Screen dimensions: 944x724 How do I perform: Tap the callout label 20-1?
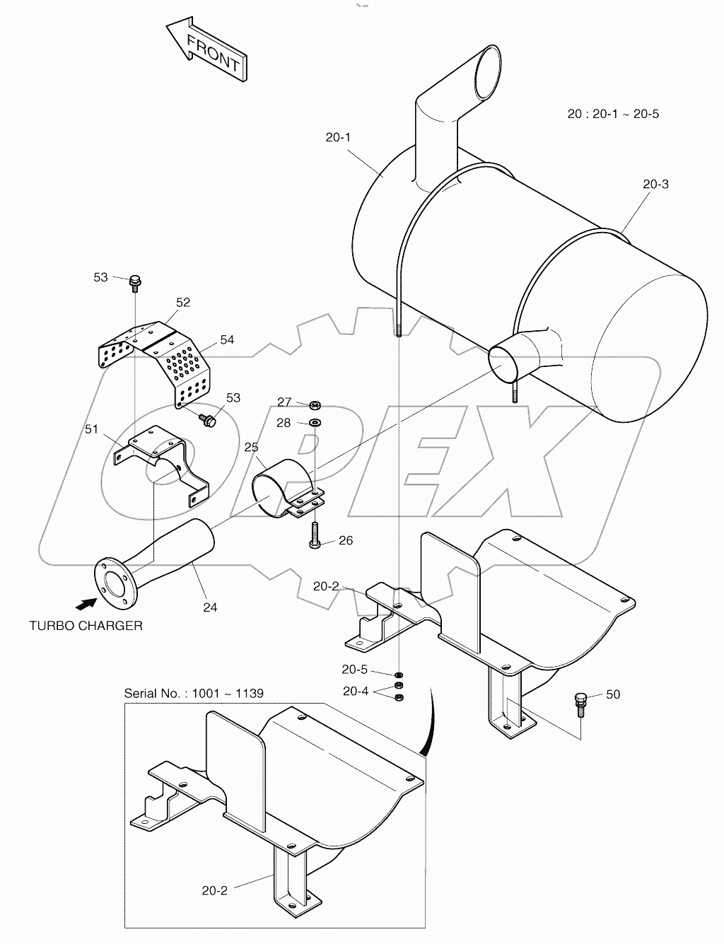click(338, 137)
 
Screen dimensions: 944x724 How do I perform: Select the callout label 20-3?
click(655, 184)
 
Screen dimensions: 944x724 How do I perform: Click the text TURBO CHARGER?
click(86, 626)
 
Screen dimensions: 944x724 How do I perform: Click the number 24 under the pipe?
click(210, 607)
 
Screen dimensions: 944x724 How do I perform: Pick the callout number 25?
click(251, 448)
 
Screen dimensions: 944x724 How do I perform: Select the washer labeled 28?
click(315, 423)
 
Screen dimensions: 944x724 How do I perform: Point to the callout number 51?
click(92, 429)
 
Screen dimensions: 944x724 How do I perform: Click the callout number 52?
click(183, 302)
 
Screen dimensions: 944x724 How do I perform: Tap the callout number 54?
click(226, 339)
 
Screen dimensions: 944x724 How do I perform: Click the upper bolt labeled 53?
click(134, 281)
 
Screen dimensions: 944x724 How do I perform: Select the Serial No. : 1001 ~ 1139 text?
click(194, 693)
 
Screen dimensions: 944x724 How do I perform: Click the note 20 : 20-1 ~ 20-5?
click(613, 114)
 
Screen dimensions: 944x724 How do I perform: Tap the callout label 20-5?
click(354, 670)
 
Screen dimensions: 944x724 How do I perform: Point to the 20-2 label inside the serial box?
click(214, 891)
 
